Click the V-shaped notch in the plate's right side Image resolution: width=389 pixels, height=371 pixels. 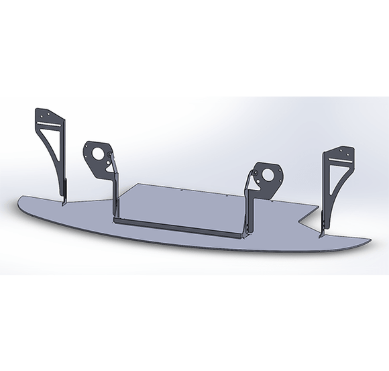click(x=302, y=217)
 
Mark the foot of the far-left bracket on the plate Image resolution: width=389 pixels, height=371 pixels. click(x=64, y=201)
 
